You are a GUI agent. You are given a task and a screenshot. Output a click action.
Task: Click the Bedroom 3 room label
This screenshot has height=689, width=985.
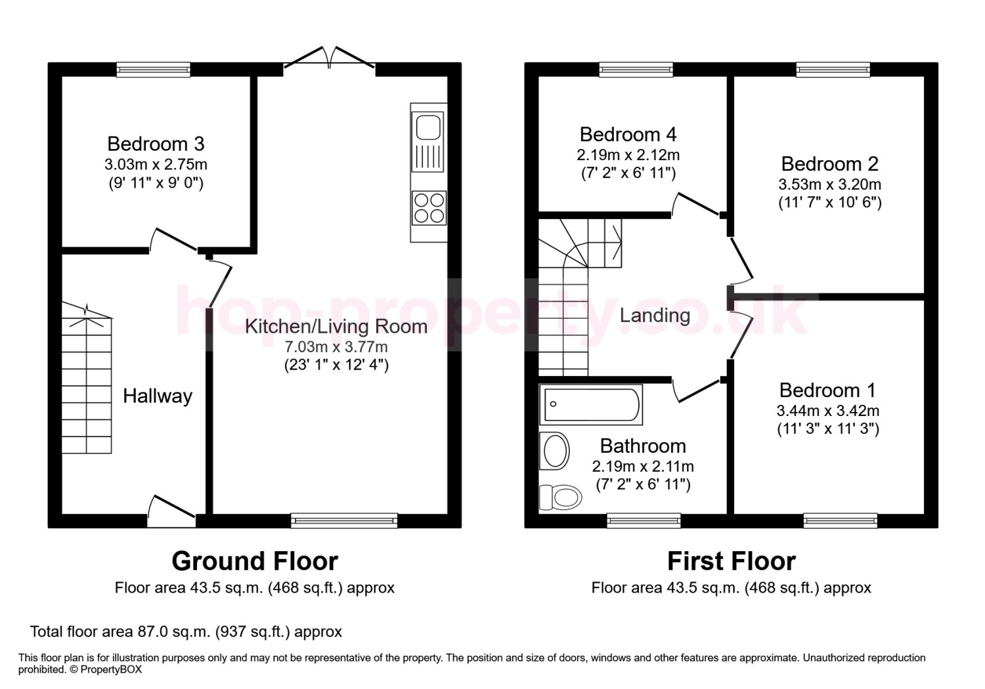click(x=156, y=144)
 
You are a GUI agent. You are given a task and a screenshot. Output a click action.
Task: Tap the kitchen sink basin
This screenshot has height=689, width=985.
click(x=428, y=127)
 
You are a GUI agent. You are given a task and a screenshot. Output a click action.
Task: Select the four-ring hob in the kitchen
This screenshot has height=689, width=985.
click(x=429, y=208)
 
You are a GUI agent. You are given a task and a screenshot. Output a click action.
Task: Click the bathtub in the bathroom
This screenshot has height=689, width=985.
click(x=591, y=405)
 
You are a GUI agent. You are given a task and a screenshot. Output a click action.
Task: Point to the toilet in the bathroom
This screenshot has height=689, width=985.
click(x=561, y=497)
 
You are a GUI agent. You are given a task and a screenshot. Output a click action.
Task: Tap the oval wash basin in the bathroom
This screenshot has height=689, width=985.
click(x=555, y=451)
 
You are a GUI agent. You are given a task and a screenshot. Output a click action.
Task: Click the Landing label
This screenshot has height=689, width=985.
click(x=655, y=316)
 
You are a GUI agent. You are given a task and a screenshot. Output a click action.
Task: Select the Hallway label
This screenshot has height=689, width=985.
click(x=158, y=396)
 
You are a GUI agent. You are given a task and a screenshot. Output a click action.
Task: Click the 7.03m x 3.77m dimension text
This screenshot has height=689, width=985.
click(x=336, y=347)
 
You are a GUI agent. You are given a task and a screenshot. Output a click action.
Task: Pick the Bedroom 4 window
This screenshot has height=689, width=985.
click(x=636, y=70)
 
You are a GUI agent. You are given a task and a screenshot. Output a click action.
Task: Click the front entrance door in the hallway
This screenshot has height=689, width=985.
click(x=171, y=511)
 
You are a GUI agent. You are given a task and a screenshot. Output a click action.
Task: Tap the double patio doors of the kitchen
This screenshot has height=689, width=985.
click(x=330, y=58)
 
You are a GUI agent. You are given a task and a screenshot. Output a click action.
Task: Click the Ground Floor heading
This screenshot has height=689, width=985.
click(x=255, y=561)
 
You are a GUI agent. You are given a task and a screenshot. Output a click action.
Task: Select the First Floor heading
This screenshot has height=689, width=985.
click(x=732, y=561)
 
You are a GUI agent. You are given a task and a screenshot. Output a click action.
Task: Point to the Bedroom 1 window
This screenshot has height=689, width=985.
click(x=841, y=521)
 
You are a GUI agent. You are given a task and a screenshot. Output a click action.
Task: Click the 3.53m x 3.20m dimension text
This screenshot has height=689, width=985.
click(x=829, y=184)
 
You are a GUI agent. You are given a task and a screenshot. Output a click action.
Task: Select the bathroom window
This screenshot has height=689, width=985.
click(x=644, y=521)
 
